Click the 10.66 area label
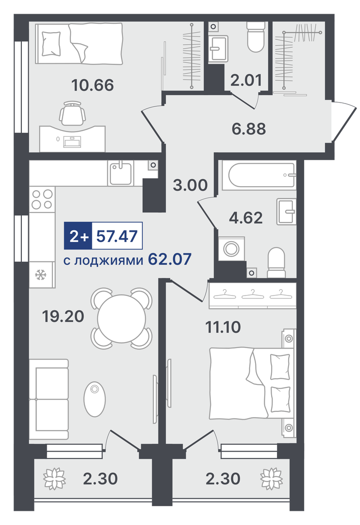point(93,85)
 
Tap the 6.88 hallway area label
point(249,128)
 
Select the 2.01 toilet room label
point(246,80)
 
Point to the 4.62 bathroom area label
point(245,218)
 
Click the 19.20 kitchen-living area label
point(63,316)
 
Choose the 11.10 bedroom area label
point(223,327)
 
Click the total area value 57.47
point(117,236)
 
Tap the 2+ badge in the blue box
point(78,236)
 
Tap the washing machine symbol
point(231,248)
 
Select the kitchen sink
point(120,173)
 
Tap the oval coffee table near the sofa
point(95,399)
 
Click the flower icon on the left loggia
point(54,478)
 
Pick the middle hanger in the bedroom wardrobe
point(253,295)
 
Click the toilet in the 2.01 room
point(256,37)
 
